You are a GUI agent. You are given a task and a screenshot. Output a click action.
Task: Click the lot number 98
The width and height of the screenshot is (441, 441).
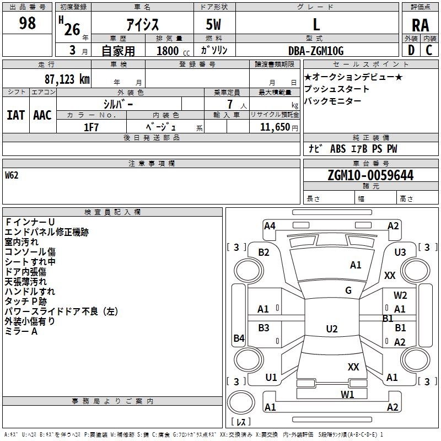pos(27,23)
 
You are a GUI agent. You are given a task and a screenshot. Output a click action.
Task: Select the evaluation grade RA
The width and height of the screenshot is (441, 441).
pos(420,24)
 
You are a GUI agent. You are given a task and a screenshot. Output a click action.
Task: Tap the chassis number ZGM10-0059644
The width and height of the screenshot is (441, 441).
pos(370,176)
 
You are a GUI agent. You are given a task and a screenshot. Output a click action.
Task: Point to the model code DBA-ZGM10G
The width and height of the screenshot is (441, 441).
pos(316,51)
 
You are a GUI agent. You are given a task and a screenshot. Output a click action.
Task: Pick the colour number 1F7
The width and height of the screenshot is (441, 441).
pos(91,127)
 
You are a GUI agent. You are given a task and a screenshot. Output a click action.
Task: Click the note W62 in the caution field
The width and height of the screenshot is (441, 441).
pos(12,176)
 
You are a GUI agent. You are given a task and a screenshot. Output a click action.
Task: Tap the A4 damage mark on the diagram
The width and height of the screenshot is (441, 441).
pos(270,225)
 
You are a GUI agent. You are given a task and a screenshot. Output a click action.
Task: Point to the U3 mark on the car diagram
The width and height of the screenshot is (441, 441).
pos(400,252)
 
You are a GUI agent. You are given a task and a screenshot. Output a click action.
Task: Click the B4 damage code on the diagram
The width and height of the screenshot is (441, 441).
pos(239,338)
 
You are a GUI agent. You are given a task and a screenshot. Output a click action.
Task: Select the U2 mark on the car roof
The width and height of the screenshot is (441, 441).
pos(331,329)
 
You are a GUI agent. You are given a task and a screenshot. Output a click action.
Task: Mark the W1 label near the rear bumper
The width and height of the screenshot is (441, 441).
pos(347,394)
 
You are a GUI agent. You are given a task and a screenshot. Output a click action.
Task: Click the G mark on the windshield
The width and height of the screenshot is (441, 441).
pos(348,290)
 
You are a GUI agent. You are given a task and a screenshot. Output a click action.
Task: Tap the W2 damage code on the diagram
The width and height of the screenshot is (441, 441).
pos(400,295)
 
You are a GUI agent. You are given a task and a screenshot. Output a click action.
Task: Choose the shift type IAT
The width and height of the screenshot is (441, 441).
pos(16,115)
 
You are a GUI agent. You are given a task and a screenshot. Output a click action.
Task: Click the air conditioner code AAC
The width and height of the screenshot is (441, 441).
pos(42,115)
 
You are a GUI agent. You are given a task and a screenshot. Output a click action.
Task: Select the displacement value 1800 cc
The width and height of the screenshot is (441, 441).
pos(171,51)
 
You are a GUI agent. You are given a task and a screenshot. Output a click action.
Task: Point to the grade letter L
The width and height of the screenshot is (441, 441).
pos(316,24)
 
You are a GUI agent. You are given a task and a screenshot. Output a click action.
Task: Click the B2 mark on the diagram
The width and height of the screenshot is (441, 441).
pos(264,252)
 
